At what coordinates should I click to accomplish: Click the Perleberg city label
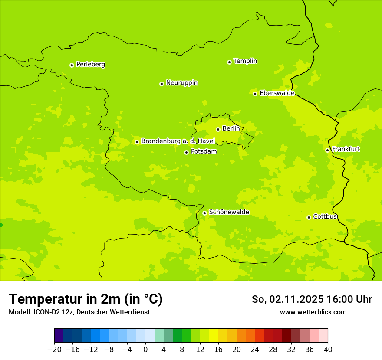click(x=90, y=65)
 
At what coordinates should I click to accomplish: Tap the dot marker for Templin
click(x=229, y=62)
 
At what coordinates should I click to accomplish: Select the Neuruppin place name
click(x=181, y=83)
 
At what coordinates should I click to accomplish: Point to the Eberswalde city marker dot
click(x=255, y=94)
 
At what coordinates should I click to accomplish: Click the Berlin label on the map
click(x=231, y=129)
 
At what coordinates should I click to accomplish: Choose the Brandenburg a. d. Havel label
click(x=178, y=141)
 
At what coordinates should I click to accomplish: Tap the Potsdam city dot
click(x=186, y=152)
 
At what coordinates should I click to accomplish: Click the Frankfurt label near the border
click(x=346, y=149)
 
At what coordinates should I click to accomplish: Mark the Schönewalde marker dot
click(x=204, y=213)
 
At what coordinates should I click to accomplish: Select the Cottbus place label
click(x=325, y=216)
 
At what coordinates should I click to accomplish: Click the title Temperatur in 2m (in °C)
click(x=86, y=299)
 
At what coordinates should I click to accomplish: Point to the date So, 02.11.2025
click(x=287, y=299)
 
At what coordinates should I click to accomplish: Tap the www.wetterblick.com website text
click(x=313, y=312)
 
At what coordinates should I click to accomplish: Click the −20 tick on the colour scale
click(x=54, y=350)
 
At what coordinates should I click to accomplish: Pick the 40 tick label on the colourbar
click(x=328, y=350)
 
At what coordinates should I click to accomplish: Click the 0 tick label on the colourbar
click(x=145, y=350)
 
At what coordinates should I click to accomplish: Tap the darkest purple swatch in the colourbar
click(x=59, y=336)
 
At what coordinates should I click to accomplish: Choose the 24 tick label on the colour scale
click(x=255, y=350)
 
